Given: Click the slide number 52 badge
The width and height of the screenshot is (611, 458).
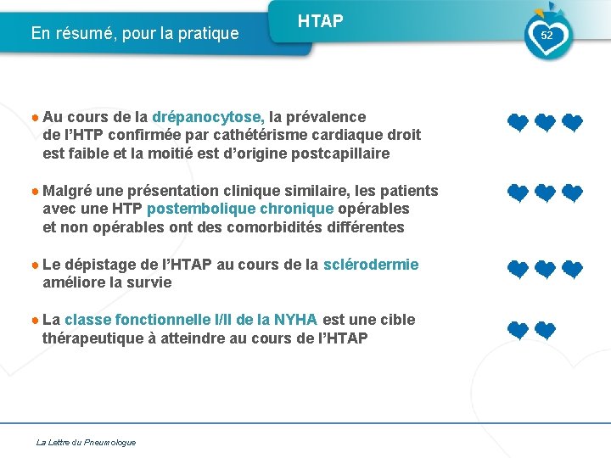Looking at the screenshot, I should point(547,36).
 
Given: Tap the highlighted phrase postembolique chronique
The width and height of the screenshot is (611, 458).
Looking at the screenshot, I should point(241,209).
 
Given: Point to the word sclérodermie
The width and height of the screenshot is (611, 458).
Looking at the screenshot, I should point(371,265).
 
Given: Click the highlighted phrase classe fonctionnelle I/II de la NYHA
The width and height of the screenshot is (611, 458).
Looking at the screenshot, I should point(191,320).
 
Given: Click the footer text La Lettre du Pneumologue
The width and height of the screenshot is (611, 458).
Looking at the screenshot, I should point(86,442).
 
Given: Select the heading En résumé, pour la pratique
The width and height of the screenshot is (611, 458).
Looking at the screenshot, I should point(135,34).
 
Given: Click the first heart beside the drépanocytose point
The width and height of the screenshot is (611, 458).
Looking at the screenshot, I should point(518,124).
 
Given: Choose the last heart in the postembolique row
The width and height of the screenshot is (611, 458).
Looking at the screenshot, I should point(573,194).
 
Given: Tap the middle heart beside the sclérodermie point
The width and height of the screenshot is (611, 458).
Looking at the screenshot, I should point(545,270).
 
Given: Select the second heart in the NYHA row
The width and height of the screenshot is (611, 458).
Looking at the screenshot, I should point(545,331).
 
